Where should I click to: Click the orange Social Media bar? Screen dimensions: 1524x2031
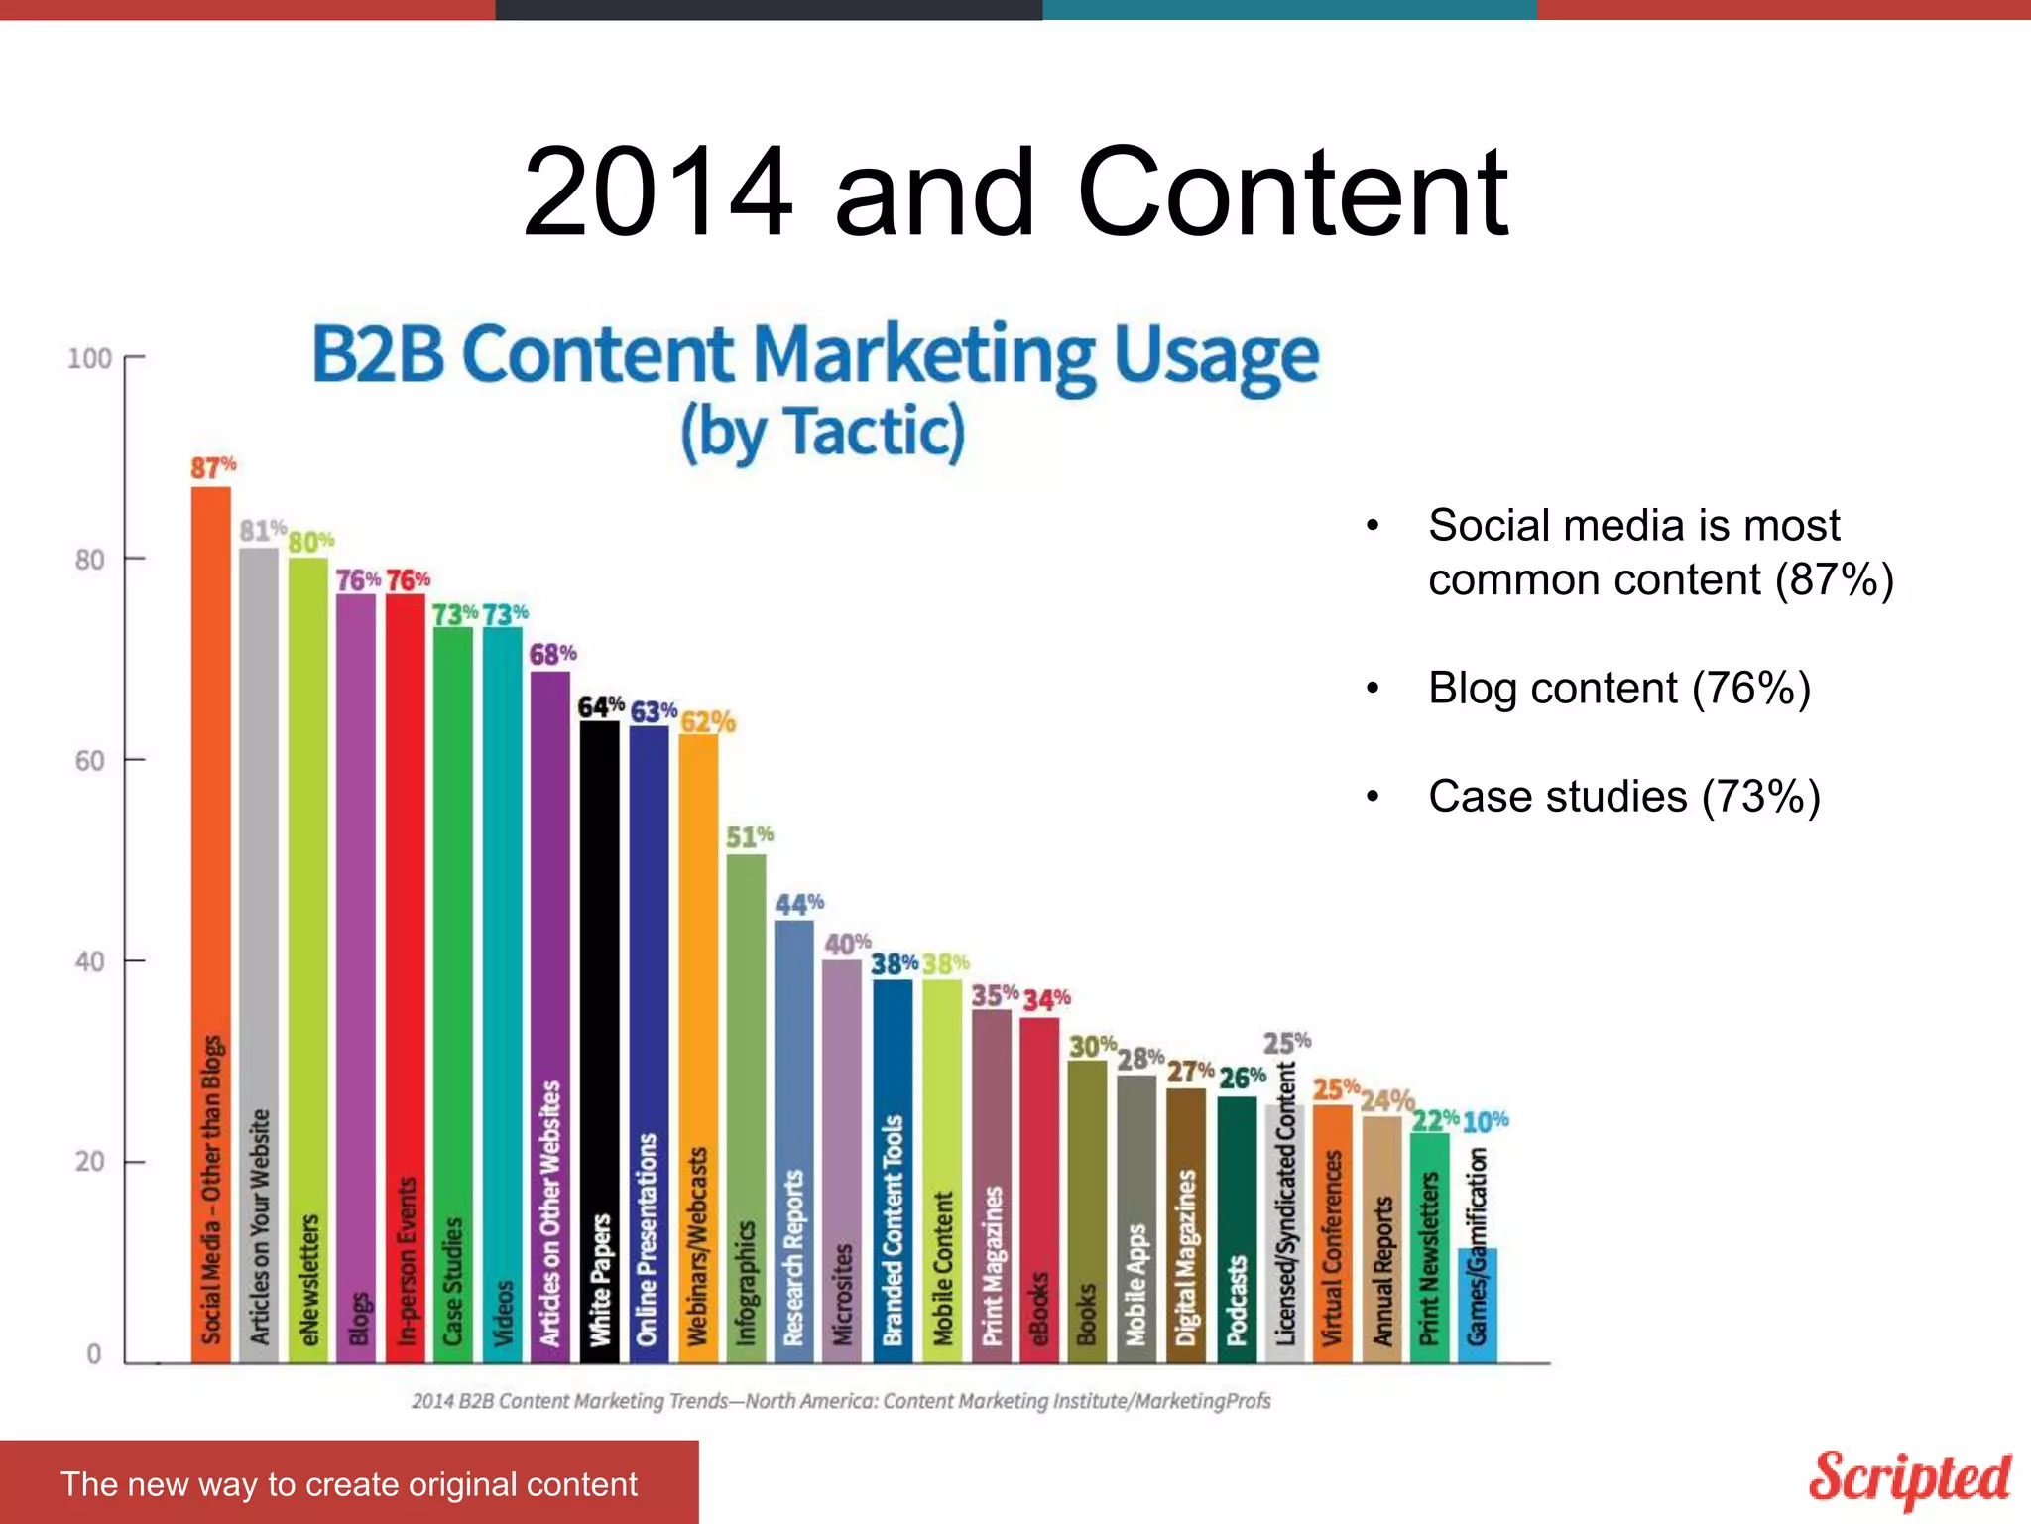coord(210,923)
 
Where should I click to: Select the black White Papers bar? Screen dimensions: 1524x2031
coord(599,1042)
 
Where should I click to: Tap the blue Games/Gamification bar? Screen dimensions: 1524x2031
coord(1477,1305)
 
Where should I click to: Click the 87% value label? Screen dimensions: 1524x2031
coord(213,467)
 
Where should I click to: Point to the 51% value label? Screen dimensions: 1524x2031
coord(749,837)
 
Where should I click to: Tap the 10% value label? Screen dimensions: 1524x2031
coord(1485,1122)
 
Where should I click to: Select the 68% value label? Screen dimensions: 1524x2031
coord(552,654)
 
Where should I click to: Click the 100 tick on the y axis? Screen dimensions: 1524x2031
coord(89,359)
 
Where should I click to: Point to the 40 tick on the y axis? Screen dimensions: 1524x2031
coord(89,961)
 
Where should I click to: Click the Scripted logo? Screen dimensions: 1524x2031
coord(1909,1478)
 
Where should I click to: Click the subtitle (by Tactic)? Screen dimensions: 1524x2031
coord(822,433)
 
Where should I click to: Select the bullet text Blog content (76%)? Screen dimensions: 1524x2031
coord(1618,689)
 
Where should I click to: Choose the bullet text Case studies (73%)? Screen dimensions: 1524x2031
coord(1623,797)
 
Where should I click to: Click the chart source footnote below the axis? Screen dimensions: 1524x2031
coord(841,1401)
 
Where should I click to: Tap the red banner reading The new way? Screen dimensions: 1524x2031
coord(349,1483)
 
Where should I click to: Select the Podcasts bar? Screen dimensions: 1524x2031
coord(1236,1230)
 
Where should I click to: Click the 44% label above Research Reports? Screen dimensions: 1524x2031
coord(799,904)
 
